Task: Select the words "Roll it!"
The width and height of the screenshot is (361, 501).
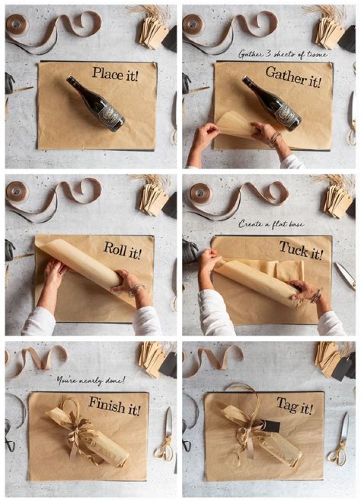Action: coord(122,249)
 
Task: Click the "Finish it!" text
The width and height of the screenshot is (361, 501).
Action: coord(115,406)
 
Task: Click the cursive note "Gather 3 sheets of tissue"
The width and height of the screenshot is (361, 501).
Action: coord(283,53)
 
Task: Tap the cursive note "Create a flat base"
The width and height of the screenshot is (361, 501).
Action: coord(271,224)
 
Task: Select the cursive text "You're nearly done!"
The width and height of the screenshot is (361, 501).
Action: coord(90,380)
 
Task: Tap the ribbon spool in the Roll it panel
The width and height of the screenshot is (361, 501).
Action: coord(17,191)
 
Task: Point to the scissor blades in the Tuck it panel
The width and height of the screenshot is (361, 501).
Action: coord(345,275)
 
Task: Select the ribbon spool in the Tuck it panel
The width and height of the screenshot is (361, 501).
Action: coord(200,193)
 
